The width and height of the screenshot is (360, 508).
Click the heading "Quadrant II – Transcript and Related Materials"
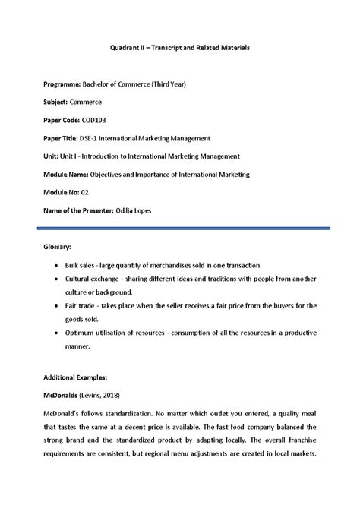click(x=180, y=47)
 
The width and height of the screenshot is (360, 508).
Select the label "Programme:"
click(x=65, y=83)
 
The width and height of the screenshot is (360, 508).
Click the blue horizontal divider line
click(x=180, y=227)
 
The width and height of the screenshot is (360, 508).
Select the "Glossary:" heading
click(x=59, y=247)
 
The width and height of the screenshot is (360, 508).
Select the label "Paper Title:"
click(x=66, y=137)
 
